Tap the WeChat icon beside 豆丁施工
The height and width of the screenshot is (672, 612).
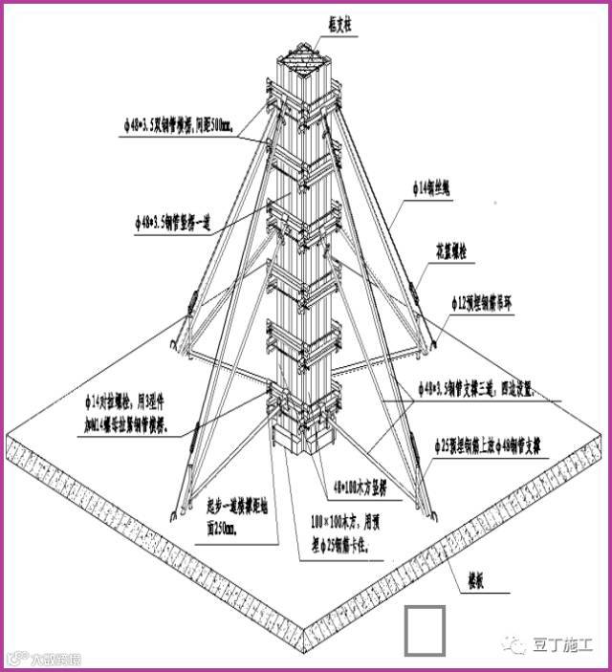[516, 646]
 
